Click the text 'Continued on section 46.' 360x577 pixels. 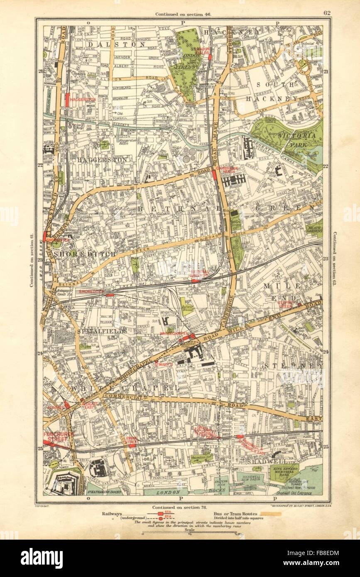click(x=183, y=14)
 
